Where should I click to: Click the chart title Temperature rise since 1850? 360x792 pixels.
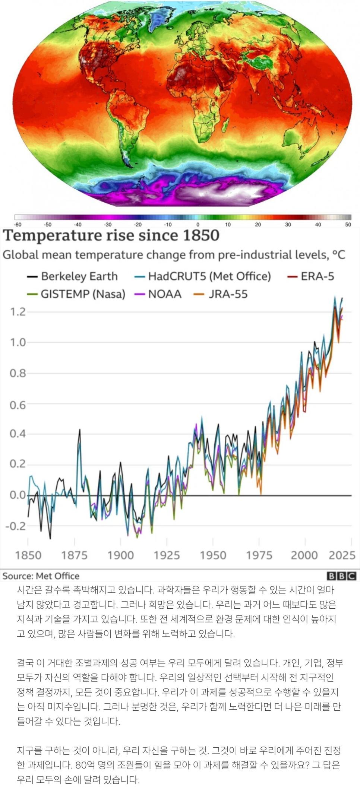(x=111, y=235)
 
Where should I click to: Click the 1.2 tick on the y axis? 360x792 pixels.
(x=18, y=312)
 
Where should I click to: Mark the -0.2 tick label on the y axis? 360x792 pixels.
(x=16, y=526)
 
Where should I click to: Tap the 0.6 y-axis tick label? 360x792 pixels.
(x=18, y=405)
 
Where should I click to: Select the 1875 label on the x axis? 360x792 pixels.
(x=74, y=555)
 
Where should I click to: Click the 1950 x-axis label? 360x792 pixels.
(x=213, y=555)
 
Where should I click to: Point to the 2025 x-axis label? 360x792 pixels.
(x=342, y=555)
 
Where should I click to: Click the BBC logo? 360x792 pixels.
(x=341, y=576)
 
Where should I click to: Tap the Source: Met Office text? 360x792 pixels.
(x=41, y=576)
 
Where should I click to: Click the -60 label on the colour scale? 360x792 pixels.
(x=18, y=225)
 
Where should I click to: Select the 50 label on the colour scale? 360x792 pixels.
(x=348, y=225)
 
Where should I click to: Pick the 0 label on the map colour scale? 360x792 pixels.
(x=198, y=225)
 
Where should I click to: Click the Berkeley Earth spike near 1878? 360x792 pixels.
(x=79, y=430)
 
